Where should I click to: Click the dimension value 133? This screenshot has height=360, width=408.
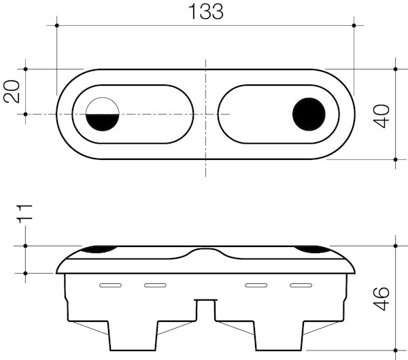pyautogui.click(x=205, y=12)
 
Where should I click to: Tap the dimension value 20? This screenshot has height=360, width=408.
pyautogui.click(x=12, y=91)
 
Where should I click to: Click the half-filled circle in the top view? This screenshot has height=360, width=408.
pyautogui.click(x=104, y=114)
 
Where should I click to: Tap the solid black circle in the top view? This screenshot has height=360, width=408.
pyautogui.click(x=309, y=114)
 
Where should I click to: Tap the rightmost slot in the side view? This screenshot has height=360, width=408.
pyautogui.click(x=301, y=284)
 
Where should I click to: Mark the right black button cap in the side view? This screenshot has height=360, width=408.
pyautogui.click(x=312, y=249)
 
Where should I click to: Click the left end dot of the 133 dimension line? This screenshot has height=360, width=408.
pyautogui.click(x=56, y=26)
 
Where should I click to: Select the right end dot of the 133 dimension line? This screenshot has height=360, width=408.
pyautogui.click(x=354, y=26)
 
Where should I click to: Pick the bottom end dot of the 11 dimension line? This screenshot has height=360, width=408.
pyautogui.click(x=25, y=273)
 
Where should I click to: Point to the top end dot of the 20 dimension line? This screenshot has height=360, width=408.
pyautogui.click(x=25, y=69)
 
